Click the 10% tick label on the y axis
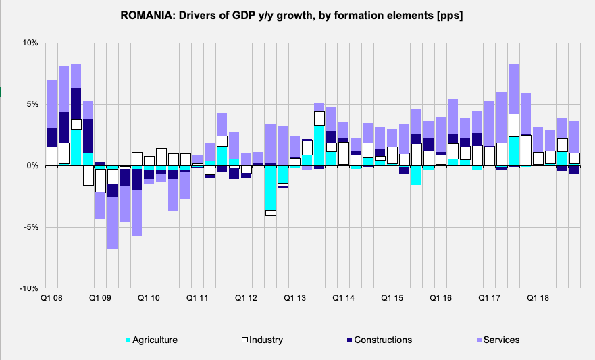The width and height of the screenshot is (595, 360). point(30,43)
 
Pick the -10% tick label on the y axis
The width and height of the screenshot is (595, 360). point(28,288)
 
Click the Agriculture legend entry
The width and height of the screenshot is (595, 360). point(155,340)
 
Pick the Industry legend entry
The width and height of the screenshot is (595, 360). point(265,340)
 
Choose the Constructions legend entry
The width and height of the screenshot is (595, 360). point(382,340)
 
